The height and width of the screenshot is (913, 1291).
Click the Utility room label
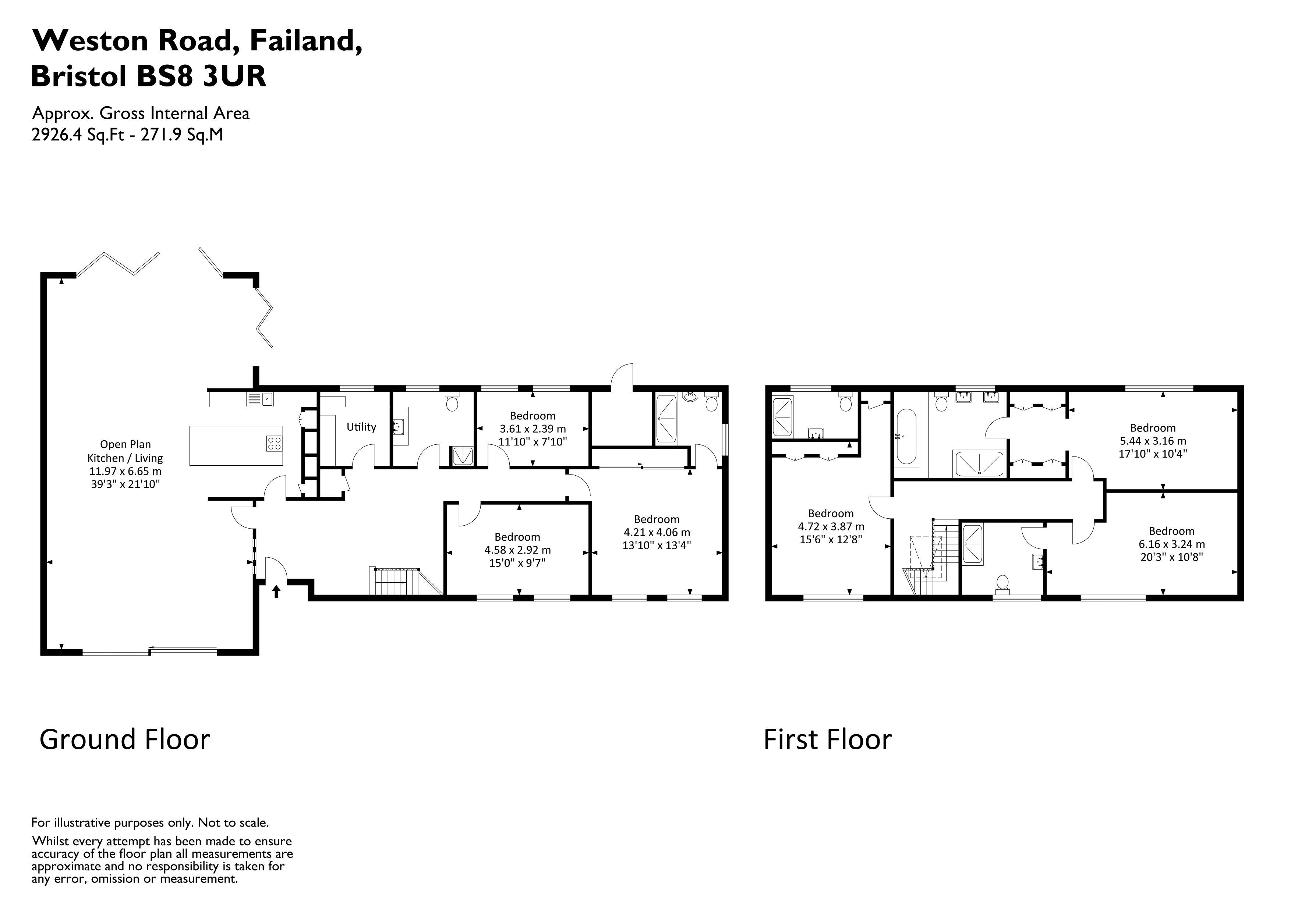361,427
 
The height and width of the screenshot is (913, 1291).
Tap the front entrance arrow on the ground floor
276,592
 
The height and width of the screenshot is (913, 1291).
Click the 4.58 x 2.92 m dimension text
517,550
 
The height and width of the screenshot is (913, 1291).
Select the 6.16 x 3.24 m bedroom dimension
1171,544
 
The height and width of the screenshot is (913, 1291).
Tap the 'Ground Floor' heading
124,739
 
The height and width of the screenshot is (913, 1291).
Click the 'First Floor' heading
827,739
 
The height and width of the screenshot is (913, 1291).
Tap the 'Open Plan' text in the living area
125,444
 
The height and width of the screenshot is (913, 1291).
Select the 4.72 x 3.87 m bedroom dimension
831,527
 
